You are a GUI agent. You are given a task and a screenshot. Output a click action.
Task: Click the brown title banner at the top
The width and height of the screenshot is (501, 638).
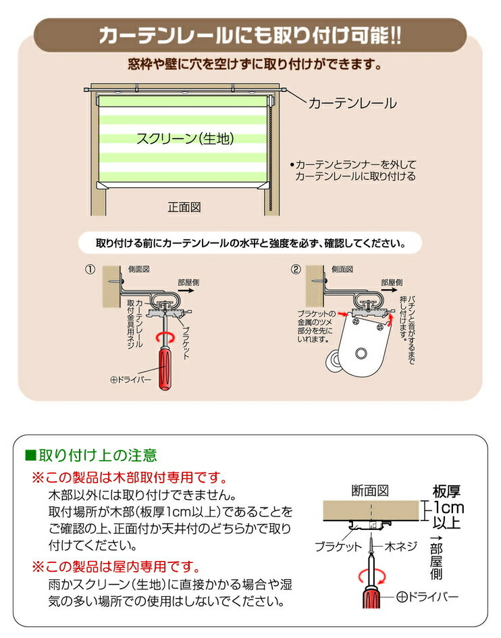[250, 35]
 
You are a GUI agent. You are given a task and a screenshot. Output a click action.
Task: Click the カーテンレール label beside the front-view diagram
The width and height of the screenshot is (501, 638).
[352, 103]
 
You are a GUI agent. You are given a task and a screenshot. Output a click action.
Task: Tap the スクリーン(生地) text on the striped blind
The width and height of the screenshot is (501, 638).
[184, 139]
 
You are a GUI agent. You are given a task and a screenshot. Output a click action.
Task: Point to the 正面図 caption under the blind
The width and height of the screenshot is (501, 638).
[184, 207]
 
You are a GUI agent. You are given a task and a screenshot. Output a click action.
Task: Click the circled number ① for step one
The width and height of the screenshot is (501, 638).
[89, 269]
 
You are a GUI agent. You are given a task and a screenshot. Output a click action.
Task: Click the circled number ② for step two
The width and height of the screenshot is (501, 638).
[296, 269]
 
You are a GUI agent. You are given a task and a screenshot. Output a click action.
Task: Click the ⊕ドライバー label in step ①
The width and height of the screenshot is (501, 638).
[131, 380]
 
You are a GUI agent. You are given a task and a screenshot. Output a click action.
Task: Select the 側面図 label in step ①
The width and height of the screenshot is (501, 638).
[136, 269]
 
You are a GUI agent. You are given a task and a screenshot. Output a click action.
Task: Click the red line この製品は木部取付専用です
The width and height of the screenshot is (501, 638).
[129, 477]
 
